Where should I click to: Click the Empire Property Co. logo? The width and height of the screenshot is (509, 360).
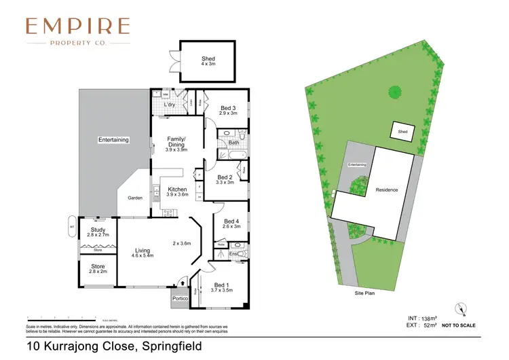[x=77, y=32]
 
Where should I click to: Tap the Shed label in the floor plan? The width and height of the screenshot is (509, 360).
[x=208, y=59]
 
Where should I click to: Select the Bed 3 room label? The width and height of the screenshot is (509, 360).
[x=228, y=108]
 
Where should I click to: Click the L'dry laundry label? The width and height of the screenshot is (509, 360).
[x=170, y=105]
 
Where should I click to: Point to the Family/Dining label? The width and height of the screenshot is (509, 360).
[x=176, y=141]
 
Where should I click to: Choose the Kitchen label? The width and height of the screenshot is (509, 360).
[x=177, y=190]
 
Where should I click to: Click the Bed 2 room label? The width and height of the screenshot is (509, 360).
[x=225, y=178]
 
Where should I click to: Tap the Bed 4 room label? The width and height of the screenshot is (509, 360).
[x=231, y=221]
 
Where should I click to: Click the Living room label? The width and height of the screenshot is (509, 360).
[x=143, y=251]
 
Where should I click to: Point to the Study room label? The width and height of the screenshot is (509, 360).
[x=98, y=230]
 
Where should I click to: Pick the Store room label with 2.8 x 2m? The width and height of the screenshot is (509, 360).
[x=98, y=267]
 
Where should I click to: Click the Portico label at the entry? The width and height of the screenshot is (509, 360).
[x=180, y=298]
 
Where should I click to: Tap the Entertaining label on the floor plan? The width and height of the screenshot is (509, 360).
[x=113, y=140]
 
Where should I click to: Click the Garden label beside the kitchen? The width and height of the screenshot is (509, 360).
[x=135, y=198]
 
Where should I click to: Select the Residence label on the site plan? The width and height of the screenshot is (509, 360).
[x=387, y=190]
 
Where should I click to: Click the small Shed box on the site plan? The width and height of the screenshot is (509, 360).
[x=402, y=132]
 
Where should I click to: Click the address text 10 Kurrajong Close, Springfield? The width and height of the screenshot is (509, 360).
[x=114, y=346]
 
